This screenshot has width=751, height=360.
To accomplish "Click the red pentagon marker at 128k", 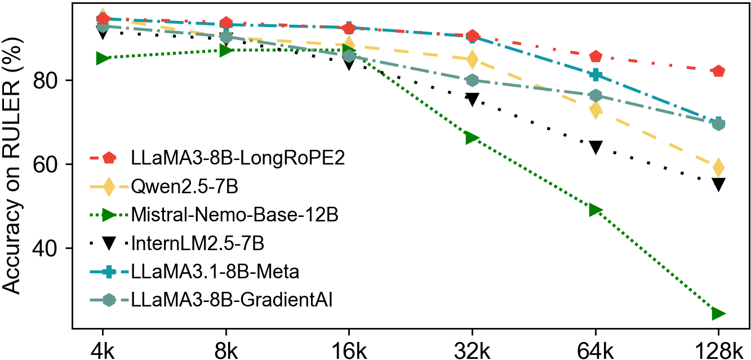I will click(x=718, y=72).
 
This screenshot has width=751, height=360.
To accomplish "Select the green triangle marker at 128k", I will click(x=718, y=313).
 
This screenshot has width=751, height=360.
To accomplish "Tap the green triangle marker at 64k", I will click(x=596, y=210).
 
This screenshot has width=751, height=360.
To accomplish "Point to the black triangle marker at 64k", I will click(x=596, y=148).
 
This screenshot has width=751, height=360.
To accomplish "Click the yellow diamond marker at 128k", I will click(x=718, y=167).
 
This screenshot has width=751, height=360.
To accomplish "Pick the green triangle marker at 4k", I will click(x=103, y=58).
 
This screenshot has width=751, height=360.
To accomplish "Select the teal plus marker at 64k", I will click(x=596, y=75).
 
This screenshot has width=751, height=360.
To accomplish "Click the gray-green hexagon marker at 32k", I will click(x=472, y=81).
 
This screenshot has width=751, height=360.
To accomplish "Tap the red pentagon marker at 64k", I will click(x=596, y=56).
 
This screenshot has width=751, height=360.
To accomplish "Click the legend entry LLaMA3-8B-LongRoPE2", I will click(x=237, y=158).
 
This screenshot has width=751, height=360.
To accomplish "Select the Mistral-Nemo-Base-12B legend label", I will click(x=234, y=215).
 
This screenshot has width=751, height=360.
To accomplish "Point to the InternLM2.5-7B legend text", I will click(x=197, y=243).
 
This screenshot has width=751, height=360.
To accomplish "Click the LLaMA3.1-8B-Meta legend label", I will click(x=214, y=272).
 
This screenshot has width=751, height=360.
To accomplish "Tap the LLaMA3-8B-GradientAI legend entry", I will click(x=231, y=300).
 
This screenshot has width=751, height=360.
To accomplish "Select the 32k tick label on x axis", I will click(x=472, y=347).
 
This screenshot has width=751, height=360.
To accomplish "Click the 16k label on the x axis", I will click(x=349, y=347).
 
